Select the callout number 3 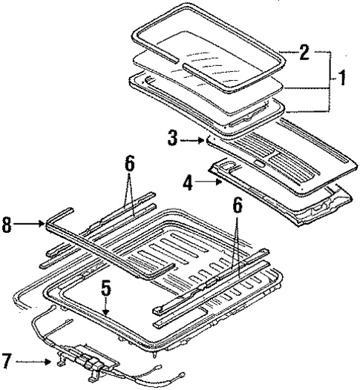coord(173,138)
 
